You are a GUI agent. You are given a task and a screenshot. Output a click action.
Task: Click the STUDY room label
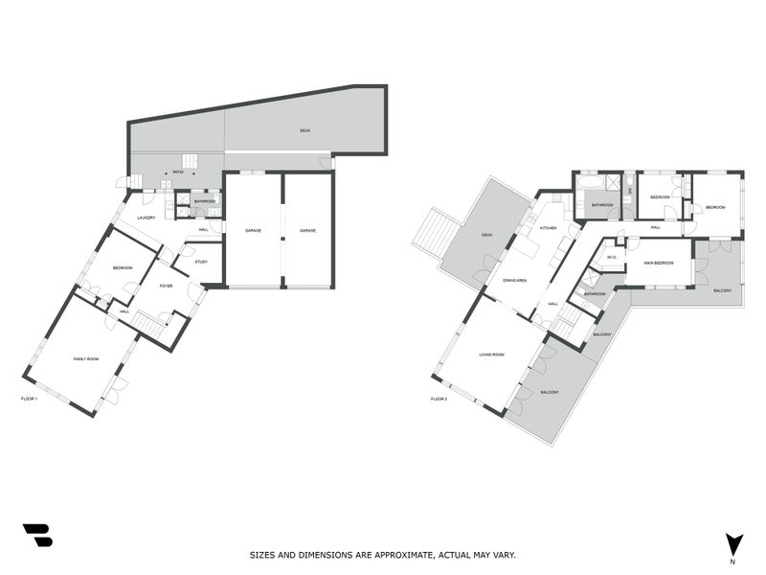201,262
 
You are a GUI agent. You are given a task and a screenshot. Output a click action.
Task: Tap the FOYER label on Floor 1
165,285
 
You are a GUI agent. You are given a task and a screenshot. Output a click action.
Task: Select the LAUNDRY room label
146,218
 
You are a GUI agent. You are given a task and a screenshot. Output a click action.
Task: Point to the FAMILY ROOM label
86,358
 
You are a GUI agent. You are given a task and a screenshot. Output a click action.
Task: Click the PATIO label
178,172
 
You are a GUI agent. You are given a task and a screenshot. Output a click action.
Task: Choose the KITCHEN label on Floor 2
548,228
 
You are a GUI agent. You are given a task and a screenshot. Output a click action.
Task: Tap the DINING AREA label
516,281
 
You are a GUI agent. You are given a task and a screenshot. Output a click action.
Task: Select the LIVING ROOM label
491,355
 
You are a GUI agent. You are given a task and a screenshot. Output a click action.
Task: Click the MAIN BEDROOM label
658,262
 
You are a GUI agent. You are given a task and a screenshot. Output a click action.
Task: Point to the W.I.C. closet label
610,256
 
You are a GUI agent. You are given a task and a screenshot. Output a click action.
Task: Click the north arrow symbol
732,543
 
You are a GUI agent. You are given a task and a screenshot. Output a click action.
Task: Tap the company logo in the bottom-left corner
37,535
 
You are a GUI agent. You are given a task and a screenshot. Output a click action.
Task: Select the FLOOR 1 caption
29,398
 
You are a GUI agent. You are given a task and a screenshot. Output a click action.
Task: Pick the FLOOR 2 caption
439,398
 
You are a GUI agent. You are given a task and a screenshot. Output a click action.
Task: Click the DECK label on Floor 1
304,130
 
